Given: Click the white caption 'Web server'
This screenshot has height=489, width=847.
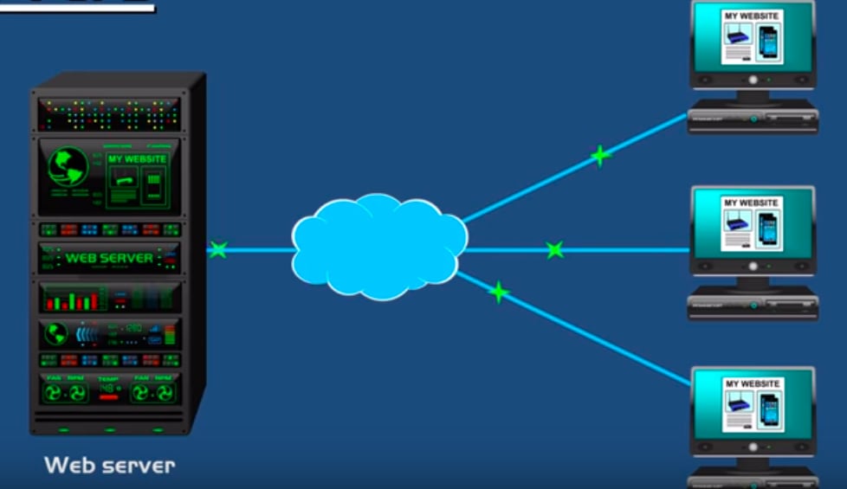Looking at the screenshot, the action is [x=109, y=465].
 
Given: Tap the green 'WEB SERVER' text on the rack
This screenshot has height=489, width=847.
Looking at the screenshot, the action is [x=109, y=258].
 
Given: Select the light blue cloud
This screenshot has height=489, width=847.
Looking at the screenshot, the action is [x=378, y=247].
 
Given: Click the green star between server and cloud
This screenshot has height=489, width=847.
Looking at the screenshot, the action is [x=218, y=250].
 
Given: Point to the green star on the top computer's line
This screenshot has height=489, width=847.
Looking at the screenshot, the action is [x=600, y=156].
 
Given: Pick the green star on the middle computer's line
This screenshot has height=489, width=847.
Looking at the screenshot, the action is [x=555, y=250].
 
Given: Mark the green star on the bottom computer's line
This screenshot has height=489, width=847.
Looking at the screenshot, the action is [x=499, y=293].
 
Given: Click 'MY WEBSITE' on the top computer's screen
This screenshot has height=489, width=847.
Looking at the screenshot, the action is [x=752, y=16].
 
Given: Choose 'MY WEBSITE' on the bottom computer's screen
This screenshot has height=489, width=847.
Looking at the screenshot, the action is [x=752, y=383].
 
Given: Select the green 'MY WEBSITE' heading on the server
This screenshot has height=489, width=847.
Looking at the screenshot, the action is [x=137, y=159].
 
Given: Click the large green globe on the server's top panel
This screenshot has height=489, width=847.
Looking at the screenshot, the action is [x=68, y=165].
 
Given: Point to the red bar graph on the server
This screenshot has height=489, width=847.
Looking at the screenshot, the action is [x=71, y=300].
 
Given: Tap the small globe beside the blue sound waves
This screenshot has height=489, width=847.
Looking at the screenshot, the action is [x=56, y=332].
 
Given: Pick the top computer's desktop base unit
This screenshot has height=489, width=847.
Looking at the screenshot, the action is [x=752, y=118].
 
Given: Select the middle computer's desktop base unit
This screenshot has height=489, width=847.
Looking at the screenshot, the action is [x=752, y=306].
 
